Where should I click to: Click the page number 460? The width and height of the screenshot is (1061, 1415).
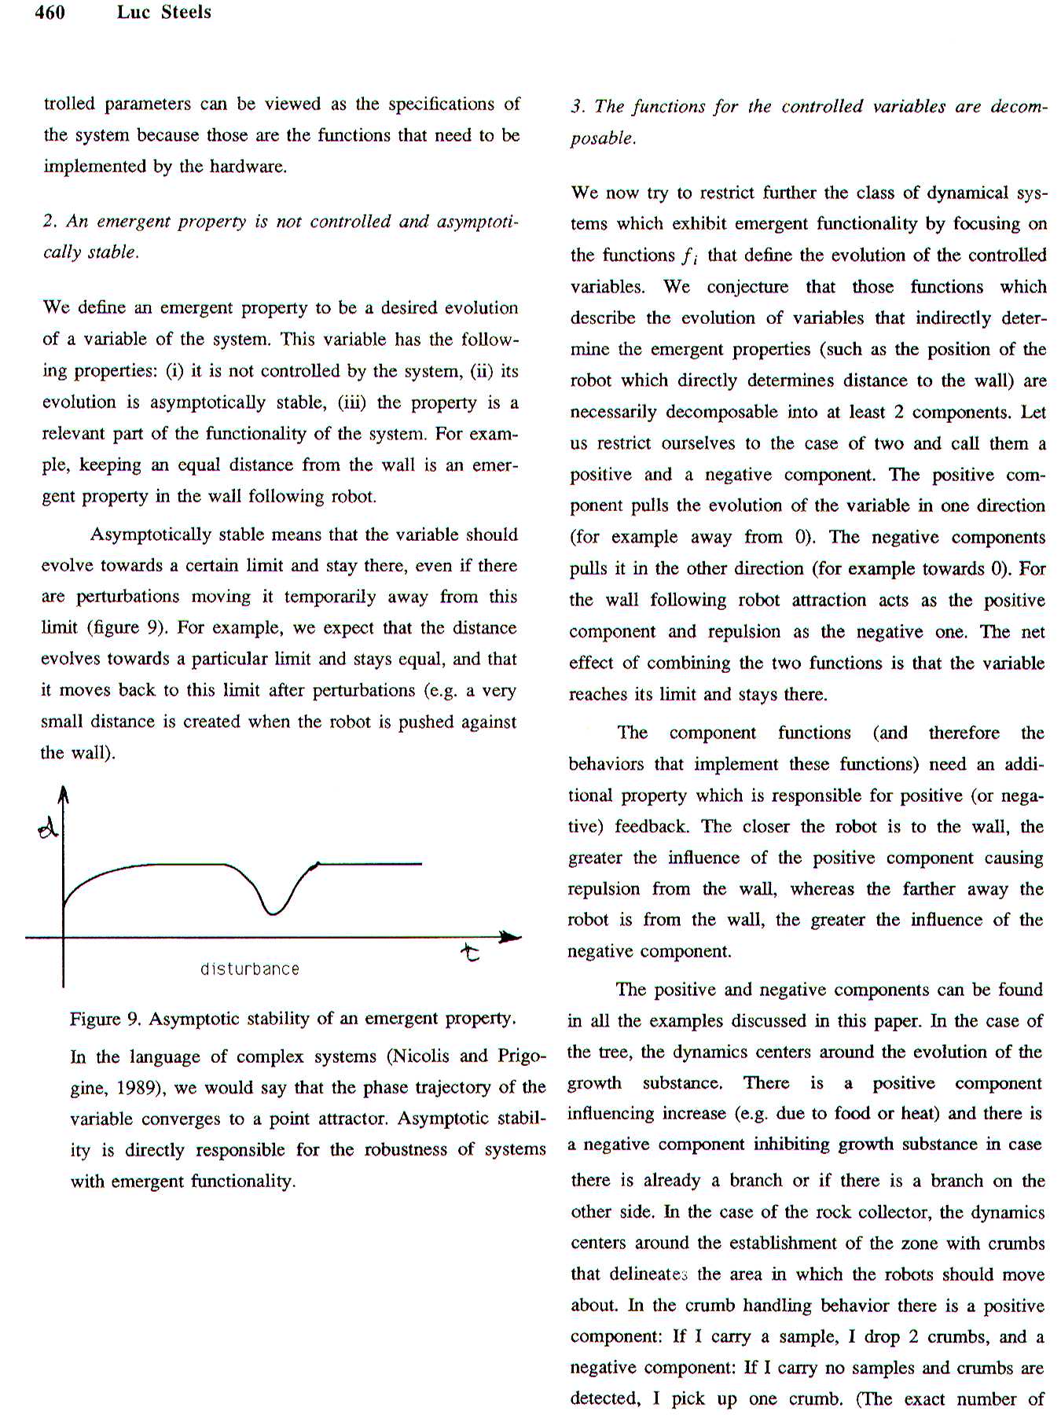pyautogui.click(x=50, y=12)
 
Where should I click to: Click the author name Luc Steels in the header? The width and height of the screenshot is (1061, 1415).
pyautogui.click(x=164, y=12)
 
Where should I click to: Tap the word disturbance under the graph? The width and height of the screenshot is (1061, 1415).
pyautogui.click(x=250, y=969)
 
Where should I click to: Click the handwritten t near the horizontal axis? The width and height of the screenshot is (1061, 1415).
pyautogui.click(x=470, y=954)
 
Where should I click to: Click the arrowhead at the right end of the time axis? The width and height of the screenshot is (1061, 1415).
pyautogui.click(x=511, y=936)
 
